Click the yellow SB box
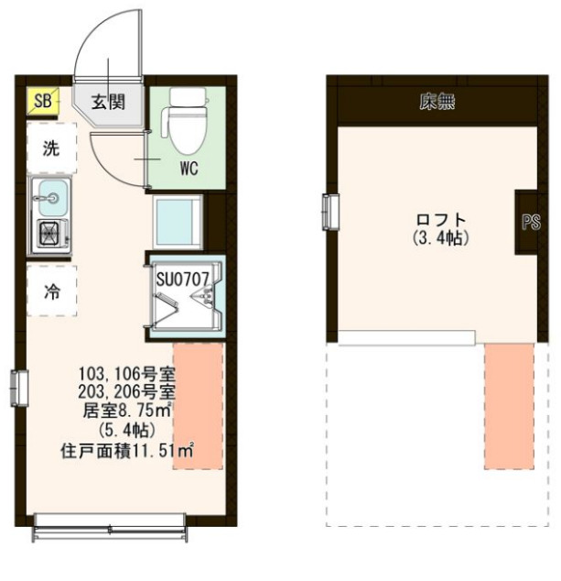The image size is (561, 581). (43, 100)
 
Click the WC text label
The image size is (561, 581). (189, 168)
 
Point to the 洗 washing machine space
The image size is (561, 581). (52, 149)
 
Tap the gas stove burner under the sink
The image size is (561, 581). (49, 235)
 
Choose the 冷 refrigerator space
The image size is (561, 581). (52, 291)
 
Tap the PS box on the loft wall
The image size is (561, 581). (530, 223)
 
